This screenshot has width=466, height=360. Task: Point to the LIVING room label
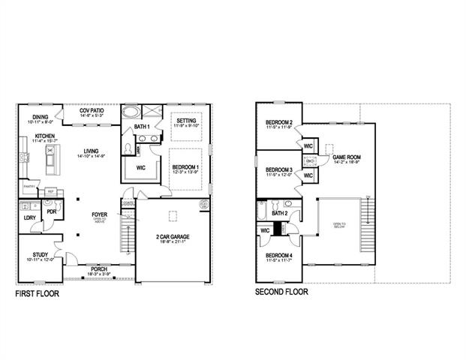pyautogui.click(x=93, y=152)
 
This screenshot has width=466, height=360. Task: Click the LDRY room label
pyautogui.click(x=30, y=217)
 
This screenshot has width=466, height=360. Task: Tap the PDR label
pyautogui.click(x=52, y=211)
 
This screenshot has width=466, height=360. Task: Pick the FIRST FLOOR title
pyautogui.click(x=38, y=294)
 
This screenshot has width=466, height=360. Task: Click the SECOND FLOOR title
pyautogui.click(x=283, y=292)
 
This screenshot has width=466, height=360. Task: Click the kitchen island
pyautogui.click(x=52, y=158)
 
